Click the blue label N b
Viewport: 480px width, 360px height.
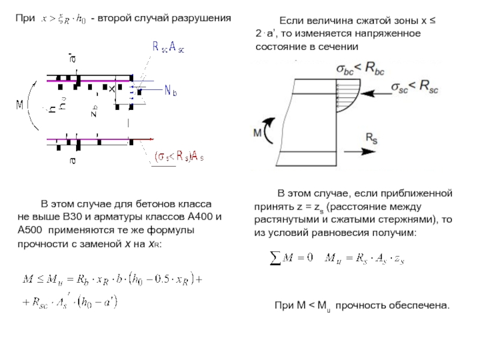point(173,91)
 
